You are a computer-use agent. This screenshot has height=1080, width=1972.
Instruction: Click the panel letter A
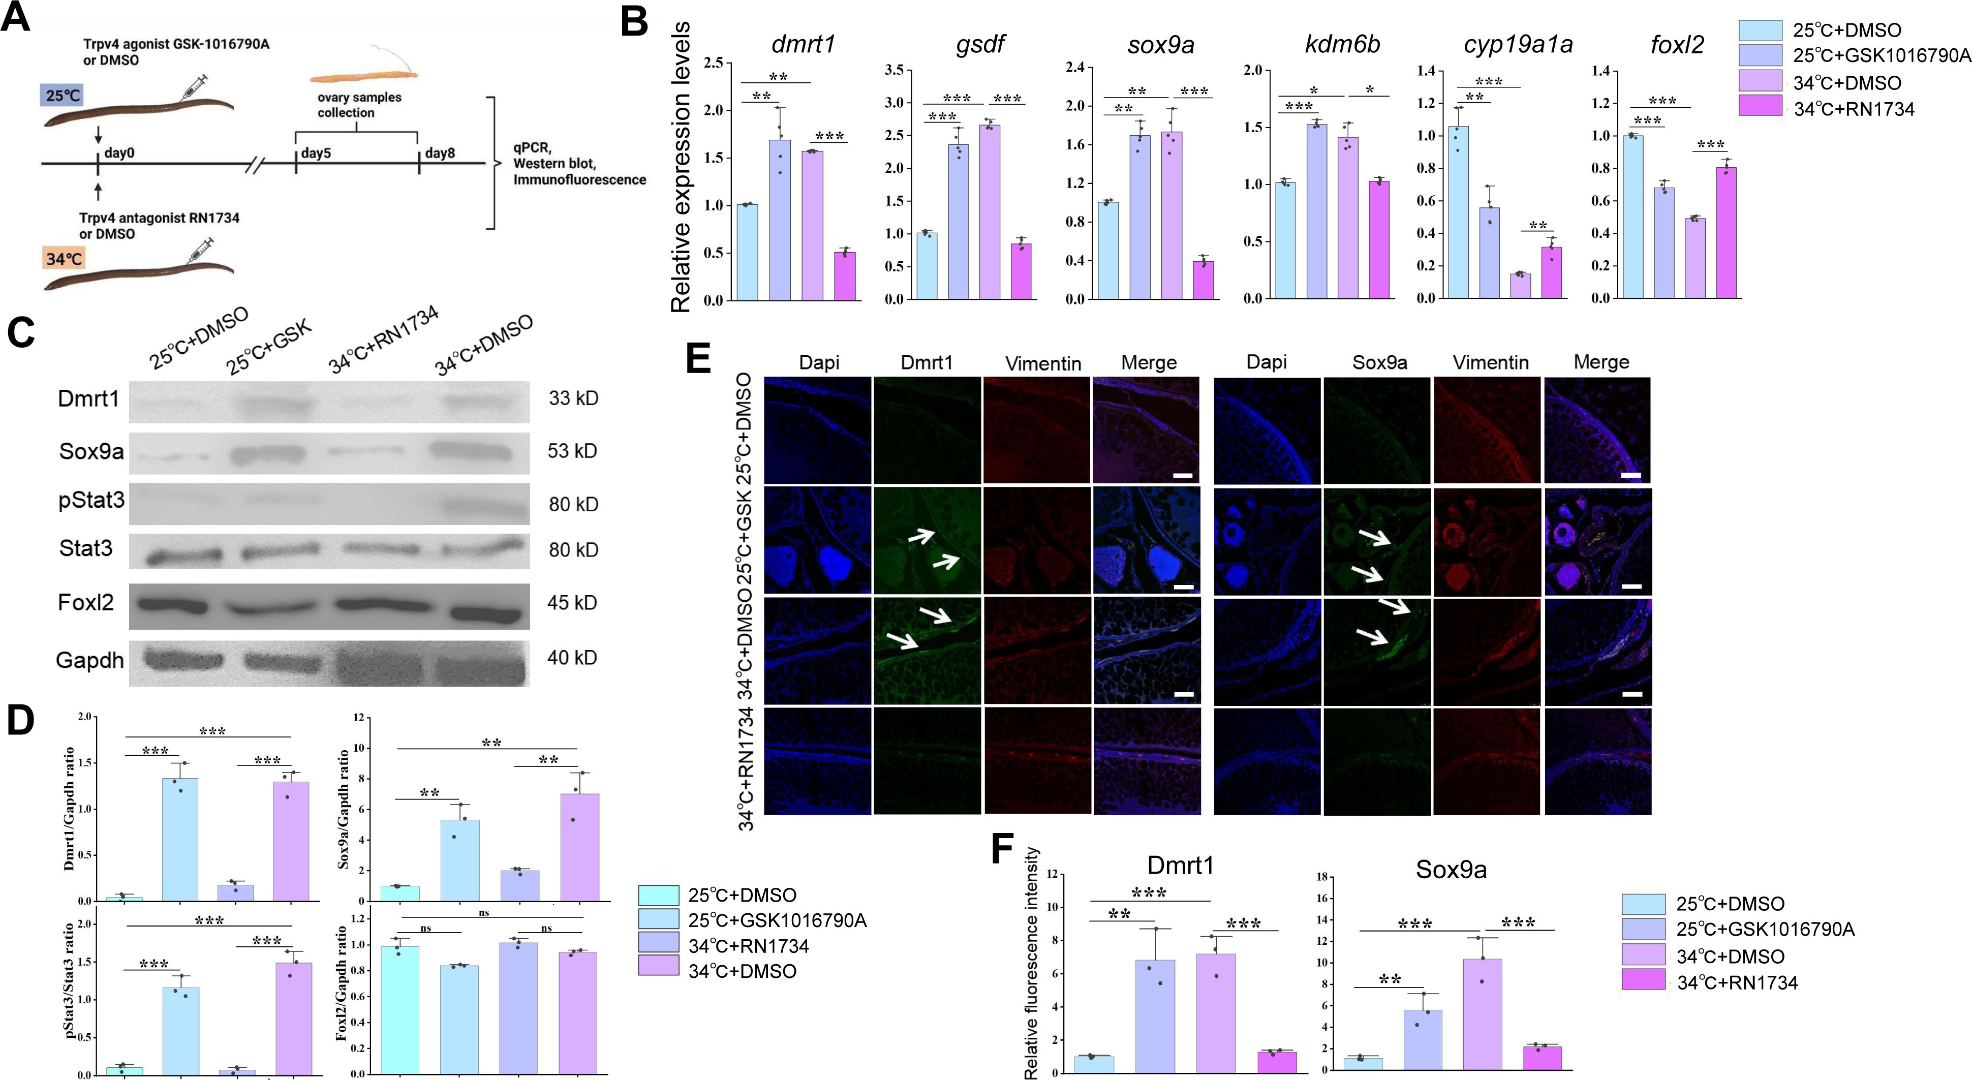(x=17, y=17)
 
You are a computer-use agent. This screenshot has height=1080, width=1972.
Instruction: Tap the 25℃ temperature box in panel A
(x=60, y=96)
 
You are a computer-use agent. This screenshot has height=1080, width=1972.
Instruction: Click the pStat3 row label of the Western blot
(x=91, y=501)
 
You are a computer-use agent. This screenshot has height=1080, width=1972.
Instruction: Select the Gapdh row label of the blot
(x=89, y=660)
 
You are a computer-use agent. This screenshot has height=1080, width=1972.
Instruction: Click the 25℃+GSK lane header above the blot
(x=269, y=348)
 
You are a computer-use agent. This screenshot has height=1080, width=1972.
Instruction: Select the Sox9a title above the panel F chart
(x=1451, y=870)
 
